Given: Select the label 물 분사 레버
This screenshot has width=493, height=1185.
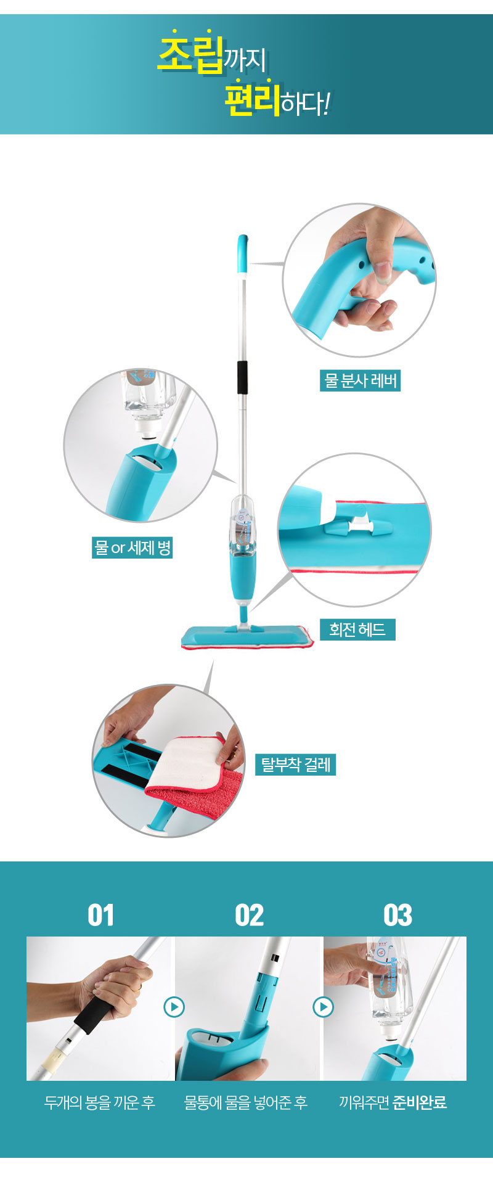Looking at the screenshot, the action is coord(361,380).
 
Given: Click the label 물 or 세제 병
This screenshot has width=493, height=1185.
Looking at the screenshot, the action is coord(132,547).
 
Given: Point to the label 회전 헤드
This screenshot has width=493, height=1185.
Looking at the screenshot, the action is coord(357,629).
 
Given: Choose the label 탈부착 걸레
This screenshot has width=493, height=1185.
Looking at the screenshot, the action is coord(296,765).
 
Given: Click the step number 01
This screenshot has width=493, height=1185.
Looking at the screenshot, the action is coord(100,915).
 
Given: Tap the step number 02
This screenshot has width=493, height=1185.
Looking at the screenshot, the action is coord(250,915).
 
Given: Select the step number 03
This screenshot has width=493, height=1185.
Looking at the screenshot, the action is coord(397,915).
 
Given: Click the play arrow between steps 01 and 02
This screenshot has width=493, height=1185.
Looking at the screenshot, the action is coord(174,1007).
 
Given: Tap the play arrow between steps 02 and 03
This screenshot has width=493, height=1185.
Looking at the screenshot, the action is coord(323,1007).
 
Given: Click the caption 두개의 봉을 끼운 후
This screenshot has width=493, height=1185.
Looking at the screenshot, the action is coord(100,1102).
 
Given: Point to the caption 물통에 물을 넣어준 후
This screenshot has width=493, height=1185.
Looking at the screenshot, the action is coord(246,1102).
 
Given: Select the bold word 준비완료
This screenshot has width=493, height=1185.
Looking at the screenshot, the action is coord(420,1102).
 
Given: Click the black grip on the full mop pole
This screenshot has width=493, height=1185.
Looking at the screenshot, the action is coord(243,377).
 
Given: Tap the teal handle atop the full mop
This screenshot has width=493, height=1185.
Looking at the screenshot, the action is coord(242,253).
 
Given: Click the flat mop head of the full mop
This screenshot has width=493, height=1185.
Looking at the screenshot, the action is coord(248,638).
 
